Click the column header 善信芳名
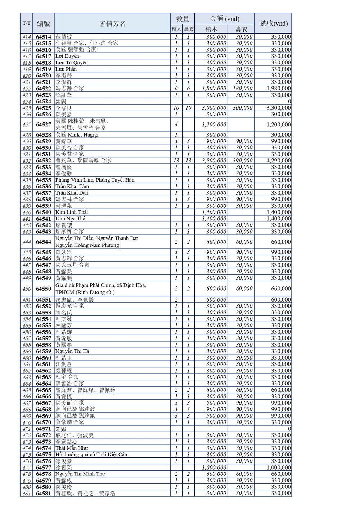112,24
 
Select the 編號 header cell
43,24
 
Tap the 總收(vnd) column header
274,23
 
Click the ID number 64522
43,89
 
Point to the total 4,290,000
278,161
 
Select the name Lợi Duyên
67,56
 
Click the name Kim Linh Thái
71,212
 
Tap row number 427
26,125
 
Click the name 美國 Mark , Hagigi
77,135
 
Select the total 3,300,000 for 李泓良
278,108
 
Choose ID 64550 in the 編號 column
43,289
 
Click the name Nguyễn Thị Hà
72,351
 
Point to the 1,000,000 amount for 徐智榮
214,468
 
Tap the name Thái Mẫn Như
71,448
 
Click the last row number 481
26,494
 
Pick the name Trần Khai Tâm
72,186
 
